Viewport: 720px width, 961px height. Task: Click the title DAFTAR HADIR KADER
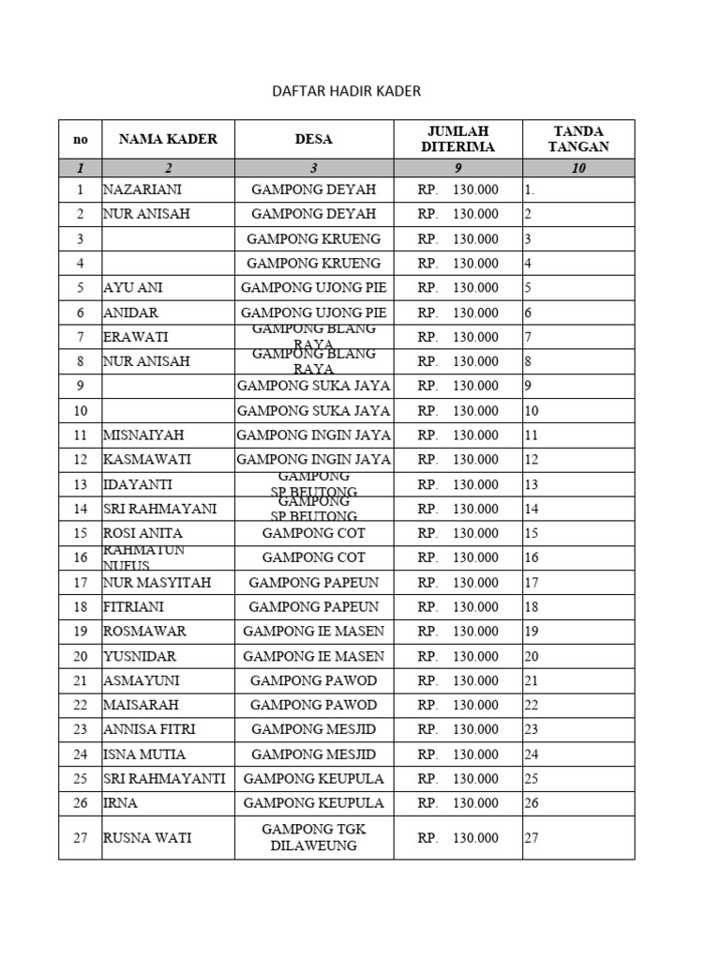346,91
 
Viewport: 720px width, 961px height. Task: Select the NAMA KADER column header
168,139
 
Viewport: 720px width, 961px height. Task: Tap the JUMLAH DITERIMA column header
457,139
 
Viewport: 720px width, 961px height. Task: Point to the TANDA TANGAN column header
578,139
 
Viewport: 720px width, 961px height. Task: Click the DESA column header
313,139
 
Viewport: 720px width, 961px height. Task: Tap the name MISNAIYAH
143,435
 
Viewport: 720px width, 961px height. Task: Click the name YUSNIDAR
141,656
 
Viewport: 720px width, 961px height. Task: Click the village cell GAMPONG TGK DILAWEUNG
313,837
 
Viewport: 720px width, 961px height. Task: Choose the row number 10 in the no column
80,410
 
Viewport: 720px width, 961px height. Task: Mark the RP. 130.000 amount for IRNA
457,803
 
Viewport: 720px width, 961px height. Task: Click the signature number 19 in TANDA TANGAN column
532,632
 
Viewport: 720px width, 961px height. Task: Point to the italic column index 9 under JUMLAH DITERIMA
457,168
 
